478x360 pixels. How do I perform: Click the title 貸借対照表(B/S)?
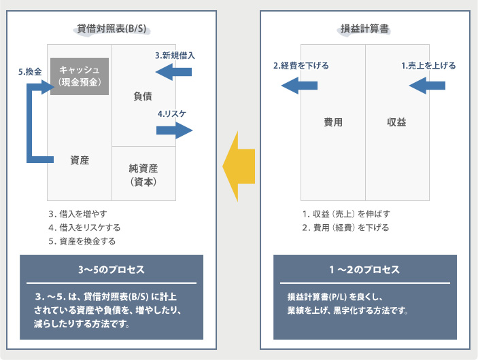[x=112, y=29]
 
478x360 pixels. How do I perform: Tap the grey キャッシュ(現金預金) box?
[x=80, y=76]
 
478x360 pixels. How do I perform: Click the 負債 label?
[x=143, y=96]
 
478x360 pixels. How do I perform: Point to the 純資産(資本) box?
[x=143, y=174]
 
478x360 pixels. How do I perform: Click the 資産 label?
[x=80, y=160]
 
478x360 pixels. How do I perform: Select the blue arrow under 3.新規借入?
[x=173, y=72]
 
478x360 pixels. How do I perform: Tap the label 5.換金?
[x=30, y=71]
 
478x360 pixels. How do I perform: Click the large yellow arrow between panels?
[x=239, y=165]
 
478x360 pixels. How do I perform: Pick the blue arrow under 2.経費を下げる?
[x=300, y=85]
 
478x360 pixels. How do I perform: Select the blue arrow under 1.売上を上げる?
[x=427, y=85]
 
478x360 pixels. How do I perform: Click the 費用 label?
[x=332, y=122]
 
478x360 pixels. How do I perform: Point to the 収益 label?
[x=396, y=122]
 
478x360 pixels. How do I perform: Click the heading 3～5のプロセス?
[x=112, y=269]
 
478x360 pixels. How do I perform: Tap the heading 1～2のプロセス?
[x=364, y=269]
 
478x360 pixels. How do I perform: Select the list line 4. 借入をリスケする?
[x=84, y=228]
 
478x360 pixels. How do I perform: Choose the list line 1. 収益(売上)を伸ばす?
[x=346, y=214]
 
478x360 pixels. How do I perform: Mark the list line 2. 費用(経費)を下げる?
[x=346, y=228]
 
